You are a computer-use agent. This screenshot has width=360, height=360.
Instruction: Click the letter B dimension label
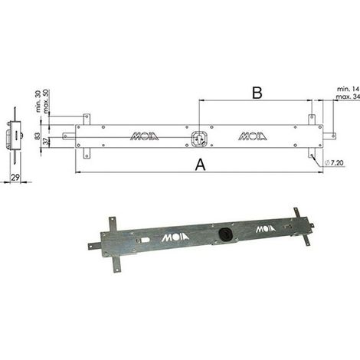click(x=257, y=93)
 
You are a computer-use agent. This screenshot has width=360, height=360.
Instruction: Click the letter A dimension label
click(x=200, y=165)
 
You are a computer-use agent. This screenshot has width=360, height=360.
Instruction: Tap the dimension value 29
click(x=15, y=177)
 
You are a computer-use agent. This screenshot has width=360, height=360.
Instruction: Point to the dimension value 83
click(x=38, y=136)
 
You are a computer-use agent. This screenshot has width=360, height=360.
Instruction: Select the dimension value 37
click(x=45, y=141)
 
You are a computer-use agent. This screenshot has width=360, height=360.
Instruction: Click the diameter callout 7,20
click(x=334, y=162)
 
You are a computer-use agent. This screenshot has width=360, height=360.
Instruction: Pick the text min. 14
click(x=349, y=89)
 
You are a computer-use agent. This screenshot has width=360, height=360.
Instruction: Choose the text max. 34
click(x=348, y=97)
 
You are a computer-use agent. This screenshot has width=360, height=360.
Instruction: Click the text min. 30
click(x=38, y=101)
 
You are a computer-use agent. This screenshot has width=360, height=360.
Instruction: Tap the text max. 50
click(x=46, y=101)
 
